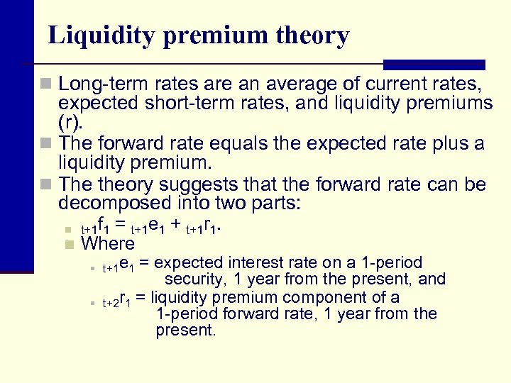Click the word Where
tap(108, 244)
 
